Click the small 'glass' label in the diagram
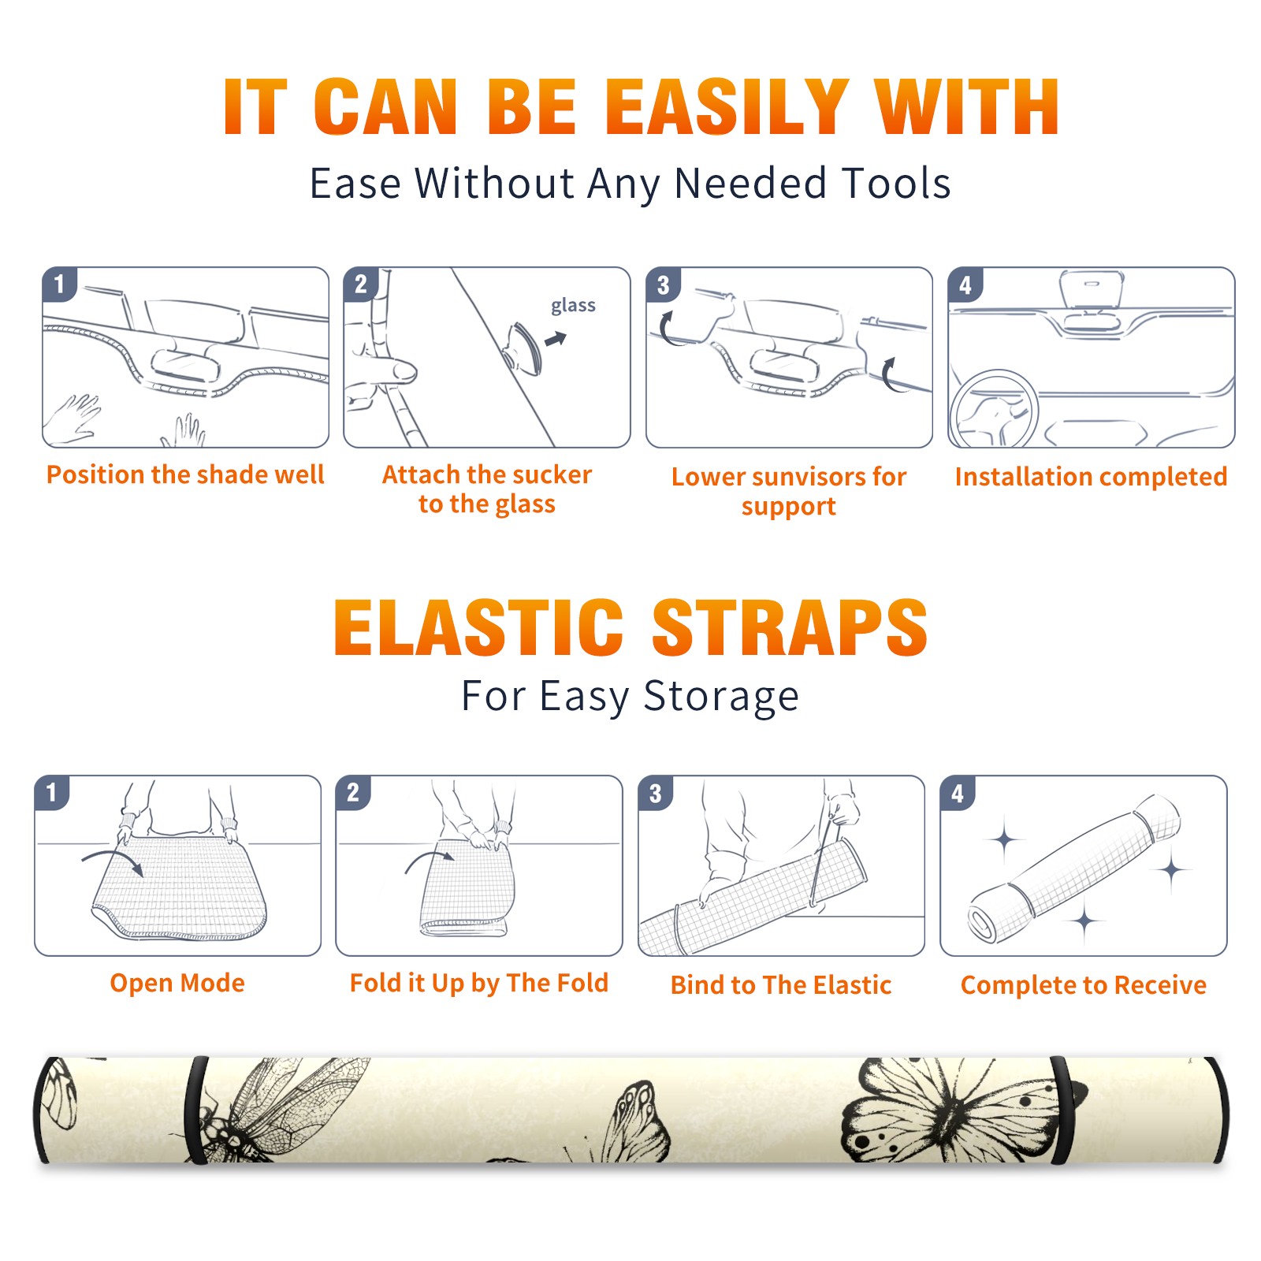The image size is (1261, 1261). (x=573, y=306)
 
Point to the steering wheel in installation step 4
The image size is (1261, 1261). (x=994, y=409)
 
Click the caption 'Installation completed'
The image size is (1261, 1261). (x=1091, y=476)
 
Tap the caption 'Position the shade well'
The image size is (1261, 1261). (x=185, y=474)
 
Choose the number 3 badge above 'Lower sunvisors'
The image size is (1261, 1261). (x=663, y=285)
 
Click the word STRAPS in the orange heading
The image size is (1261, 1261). (x=790, y=627)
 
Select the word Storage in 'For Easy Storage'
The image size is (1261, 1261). (x=721, y=697)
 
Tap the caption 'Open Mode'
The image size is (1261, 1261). (x=177, y=983)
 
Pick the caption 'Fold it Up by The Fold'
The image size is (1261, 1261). (x=479, y=984)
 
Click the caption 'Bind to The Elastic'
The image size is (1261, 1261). (x=781, y=985)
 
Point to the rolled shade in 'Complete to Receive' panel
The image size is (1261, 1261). (x=1074, y=869)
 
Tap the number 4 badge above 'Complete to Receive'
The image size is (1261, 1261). (x=958, y=793)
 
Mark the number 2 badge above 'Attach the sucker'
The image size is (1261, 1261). (x=361, y=285)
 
